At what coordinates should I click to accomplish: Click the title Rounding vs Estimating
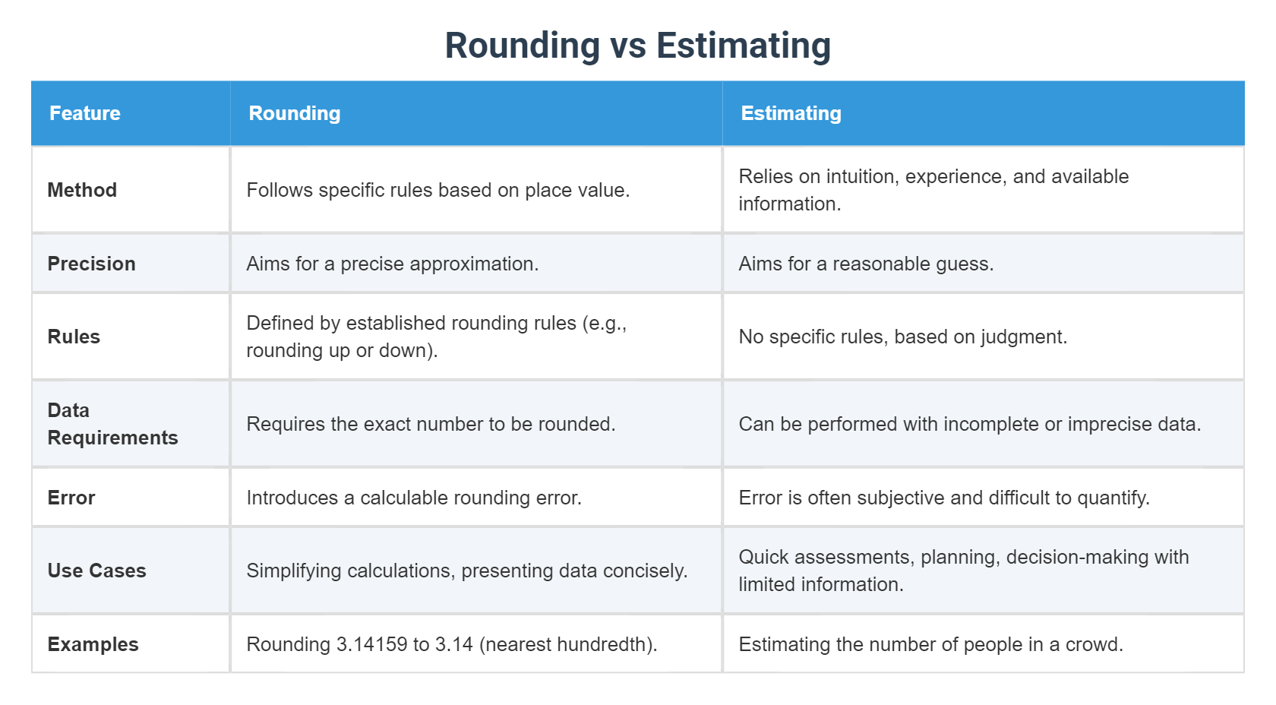(x=637, y=46)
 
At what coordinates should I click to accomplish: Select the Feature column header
(x=85, y=113)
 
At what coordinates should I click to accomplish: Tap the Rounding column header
(x=295, y=113)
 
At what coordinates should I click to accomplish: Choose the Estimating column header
(x=791, y=113)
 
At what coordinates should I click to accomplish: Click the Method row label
(x=82, y=190)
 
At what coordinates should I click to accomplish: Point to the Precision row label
(x=91, y=264)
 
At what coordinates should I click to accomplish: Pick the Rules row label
(x=74, y=337)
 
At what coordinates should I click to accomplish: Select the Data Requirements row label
(x=112, y=424)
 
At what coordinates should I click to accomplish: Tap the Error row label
(x=71, y=498)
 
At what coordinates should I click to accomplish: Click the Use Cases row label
(x=96, y=571)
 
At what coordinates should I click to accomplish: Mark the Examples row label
(x=93, y=644)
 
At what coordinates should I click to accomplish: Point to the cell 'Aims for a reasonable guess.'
(x=866, y=264)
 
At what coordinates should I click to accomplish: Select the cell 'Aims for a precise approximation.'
(x=392, y=264)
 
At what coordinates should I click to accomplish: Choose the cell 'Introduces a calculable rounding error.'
(x=414, y=498)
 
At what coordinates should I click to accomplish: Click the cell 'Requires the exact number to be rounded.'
(x=431, y=424)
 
